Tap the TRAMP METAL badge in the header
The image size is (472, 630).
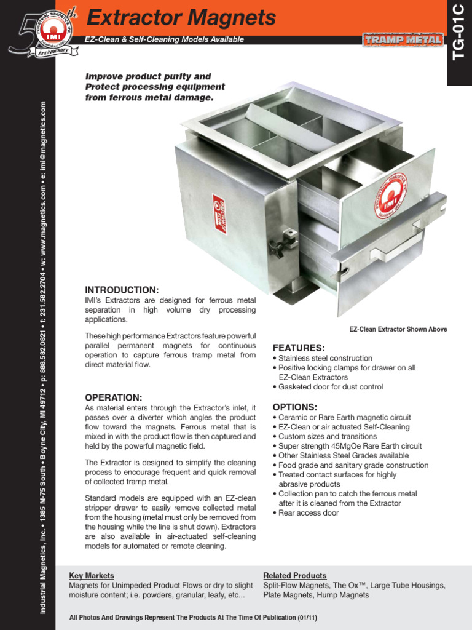[x=403, y=40]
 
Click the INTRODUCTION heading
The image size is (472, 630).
[x=122, y=290]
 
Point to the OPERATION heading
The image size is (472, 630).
[x=113, y=397]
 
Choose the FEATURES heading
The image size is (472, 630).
[x=299, y=348]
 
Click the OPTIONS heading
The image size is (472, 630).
[x=295, y=407]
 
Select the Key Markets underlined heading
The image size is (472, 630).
[x=92, y=575]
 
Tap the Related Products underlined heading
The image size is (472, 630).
[x=295, y=575]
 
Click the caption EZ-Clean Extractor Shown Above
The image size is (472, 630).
[x=398, y=329]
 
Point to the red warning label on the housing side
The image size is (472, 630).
[x=219, y=213]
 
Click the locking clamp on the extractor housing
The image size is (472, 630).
[x=283, y=242]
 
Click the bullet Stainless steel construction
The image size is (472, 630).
[x=325, y=358]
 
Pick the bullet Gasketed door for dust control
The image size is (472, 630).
[x=330, y=387]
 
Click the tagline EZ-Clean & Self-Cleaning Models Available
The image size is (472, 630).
[x=164, y=39]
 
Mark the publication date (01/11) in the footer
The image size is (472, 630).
[x=308, y=617]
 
